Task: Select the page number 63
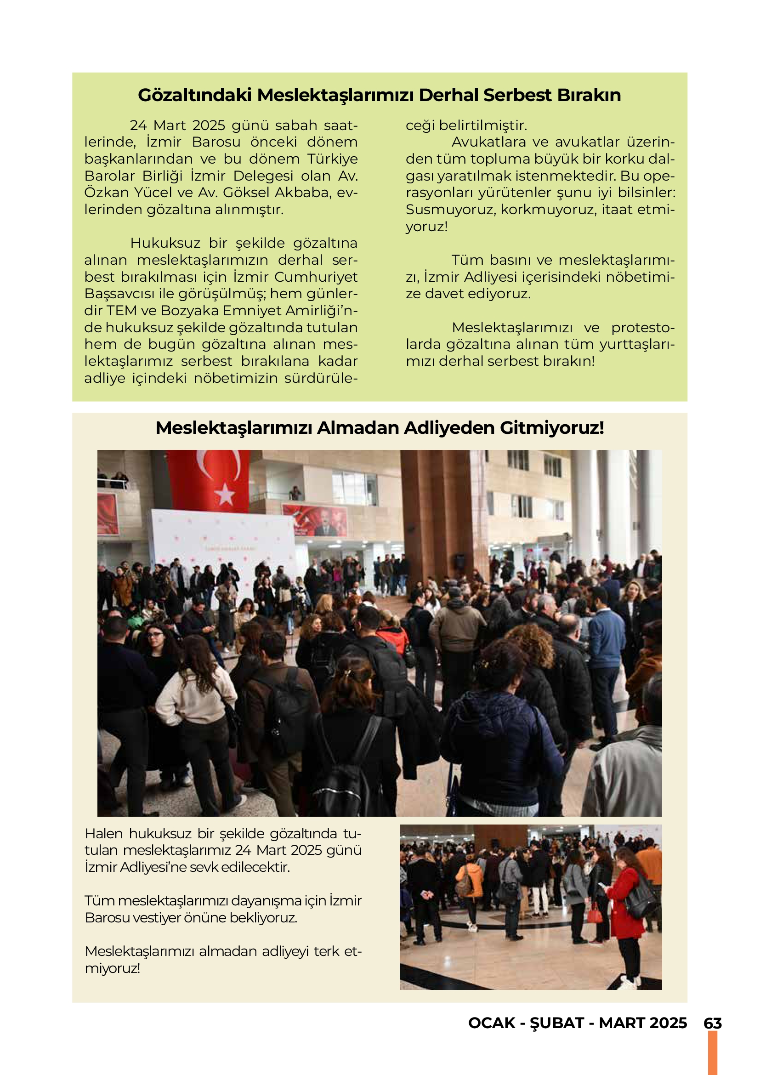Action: tap(712, 1023)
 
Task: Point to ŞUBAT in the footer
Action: tap(557, 1023)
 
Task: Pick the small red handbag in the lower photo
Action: tap(594, 913)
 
